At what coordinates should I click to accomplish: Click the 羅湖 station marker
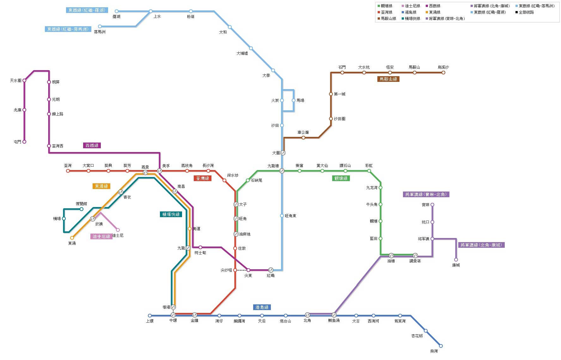[117, 11]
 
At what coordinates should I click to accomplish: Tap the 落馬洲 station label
[100, 32]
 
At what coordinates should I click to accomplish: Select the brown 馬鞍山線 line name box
[388, 79]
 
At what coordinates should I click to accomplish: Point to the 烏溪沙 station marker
[443, 73]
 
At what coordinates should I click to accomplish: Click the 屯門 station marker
[24, 142]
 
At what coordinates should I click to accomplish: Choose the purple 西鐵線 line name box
[92, 145]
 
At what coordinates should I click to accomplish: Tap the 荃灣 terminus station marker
[68, 171]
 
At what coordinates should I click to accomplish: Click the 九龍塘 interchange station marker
[282, 171]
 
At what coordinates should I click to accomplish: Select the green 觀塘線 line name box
[341, 178]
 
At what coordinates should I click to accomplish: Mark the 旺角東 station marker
[282, 216]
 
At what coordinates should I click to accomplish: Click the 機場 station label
[57, 219]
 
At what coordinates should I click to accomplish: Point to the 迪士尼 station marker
[118, 230]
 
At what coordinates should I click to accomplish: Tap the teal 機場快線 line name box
[171, 214]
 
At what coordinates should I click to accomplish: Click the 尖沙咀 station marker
[235, 270]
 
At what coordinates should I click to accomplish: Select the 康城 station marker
[456, 260]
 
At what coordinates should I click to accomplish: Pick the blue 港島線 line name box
[262, 307]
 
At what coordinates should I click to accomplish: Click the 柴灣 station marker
[441, 346]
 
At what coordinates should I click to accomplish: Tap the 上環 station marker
[150, 316]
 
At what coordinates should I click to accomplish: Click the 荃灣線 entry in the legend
[386, 12]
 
